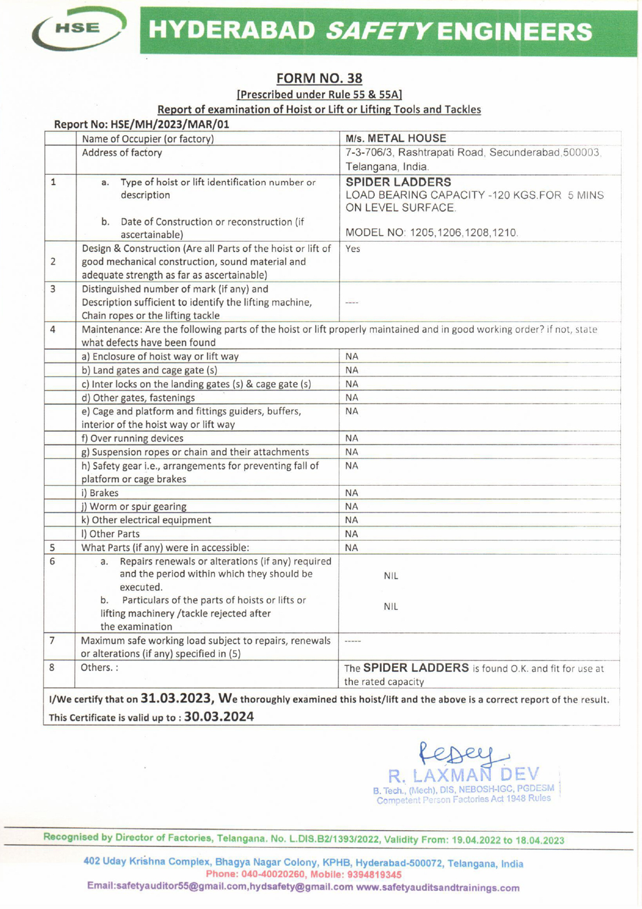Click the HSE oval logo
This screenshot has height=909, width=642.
pos(79,28)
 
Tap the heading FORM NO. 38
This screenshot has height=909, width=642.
pos(319,78)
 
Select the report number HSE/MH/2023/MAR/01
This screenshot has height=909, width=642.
pos(169,124)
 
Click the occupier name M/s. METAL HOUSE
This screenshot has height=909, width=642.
pos(396,138)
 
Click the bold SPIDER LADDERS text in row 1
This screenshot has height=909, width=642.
pos(398,182)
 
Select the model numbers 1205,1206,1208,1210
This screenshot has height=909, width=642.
pos(464,233)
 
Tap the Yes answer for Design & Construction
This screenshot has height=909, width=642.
pos(353,249)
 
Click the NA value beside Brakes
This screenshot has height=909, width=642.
pos(352,493)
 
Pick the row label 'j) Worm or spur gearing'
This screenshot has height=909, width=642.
pos(134,507)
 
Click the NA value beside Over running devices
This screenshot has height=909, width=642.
pos(352,438)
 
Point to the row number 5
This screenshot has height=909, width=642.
pos(52,547)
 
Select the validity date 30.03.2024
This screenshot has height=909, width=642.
pos(219,717)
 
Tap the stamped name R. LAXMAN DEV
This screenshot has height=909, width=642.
pos(464,775)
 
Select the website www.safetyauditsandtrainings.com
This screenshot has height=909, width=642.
pos(437,887)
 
